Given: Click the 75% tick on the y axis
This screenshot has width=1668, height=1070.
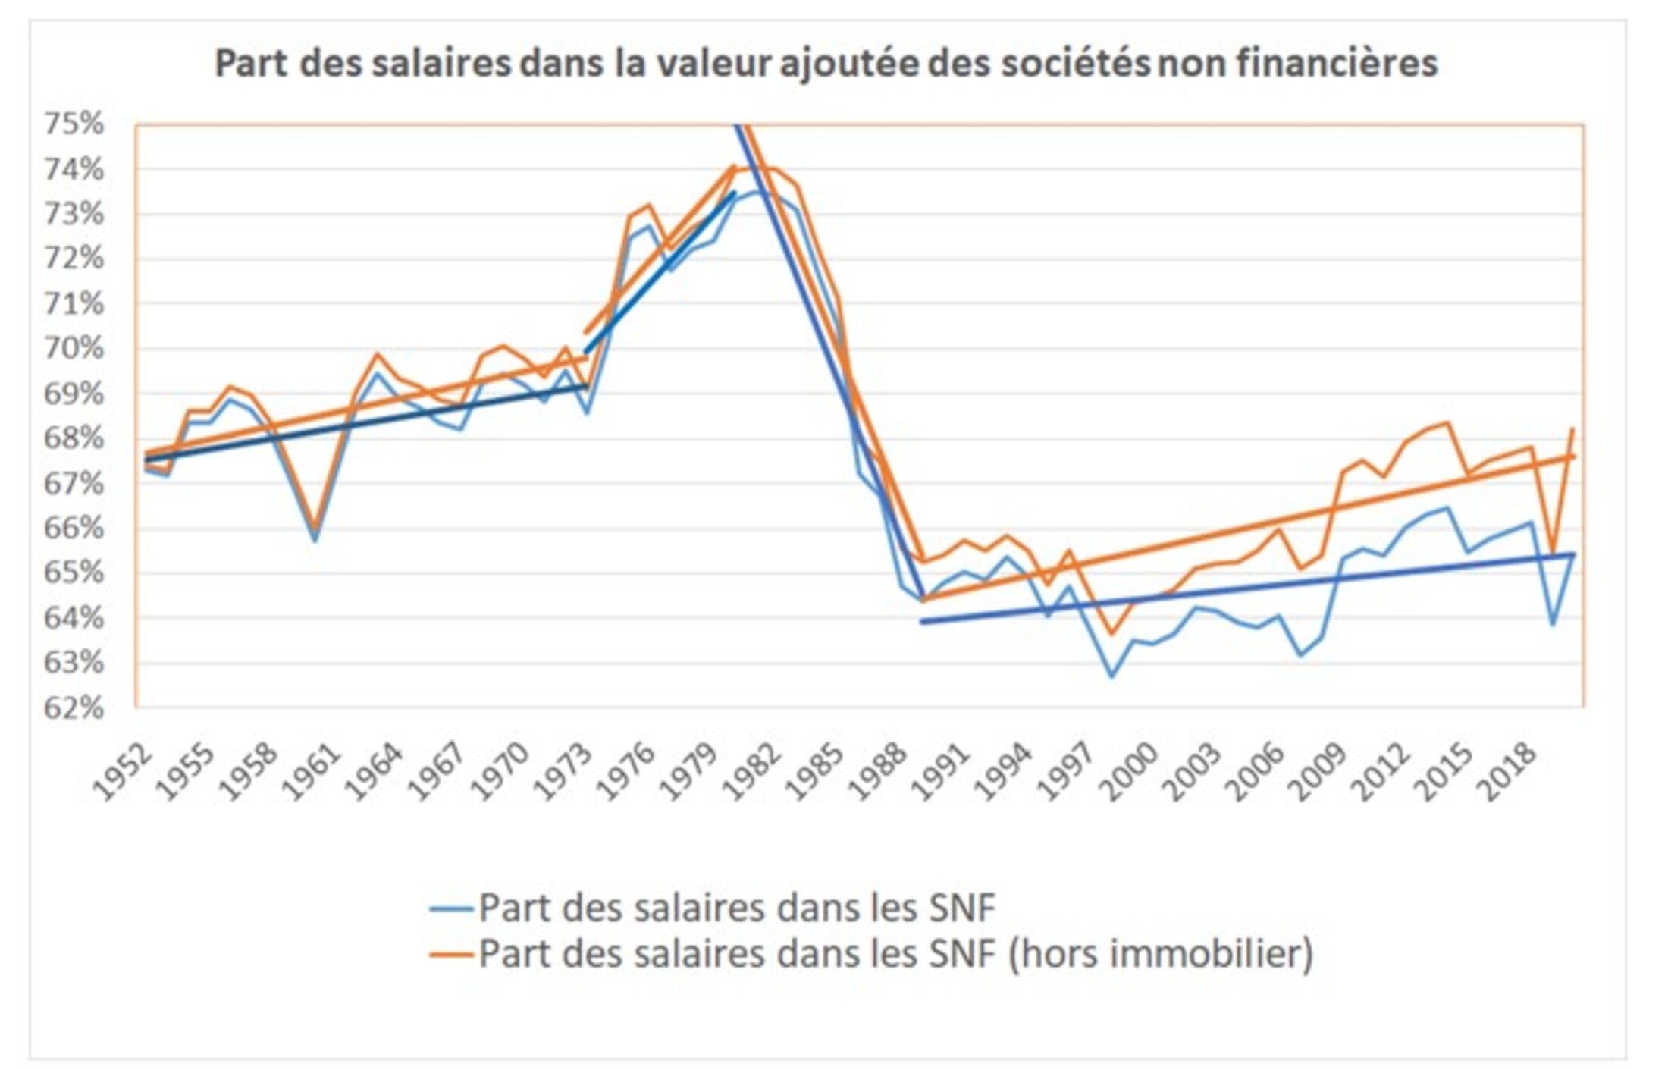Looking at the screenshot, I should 74,124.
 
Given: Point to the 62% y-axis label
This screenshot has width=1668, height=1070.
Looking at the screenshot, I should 74,708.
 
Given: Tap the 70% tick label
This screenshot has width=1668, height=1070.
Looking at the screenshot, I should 74,348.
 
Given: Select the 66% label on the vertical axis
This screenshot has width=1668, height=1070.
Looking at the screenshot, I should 74,528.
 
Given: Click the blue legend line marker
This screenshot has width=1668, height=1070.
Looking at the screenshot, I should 451,908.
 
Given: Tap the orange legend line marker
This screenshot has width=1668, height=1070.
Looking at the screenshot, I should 451,954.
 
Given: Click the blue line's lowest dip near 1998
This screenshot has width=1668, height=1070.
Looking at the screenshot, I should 1111,676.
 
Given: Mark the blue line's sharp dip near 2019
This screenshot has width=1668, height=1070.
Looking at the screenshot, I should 1552,624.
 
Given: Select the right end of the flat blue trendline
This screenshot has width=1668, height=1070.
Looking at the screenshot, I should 1574,554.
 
